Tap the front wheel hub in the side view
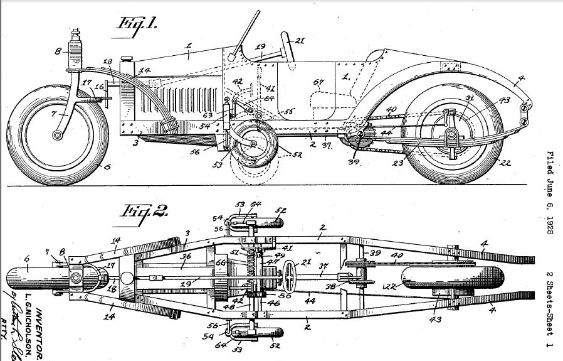58,134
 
